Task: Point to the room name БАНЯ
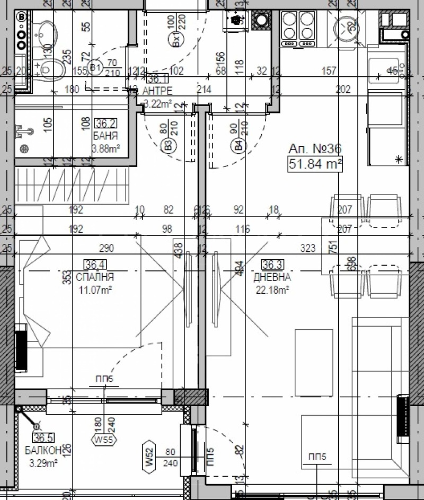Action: [x=105, y=136]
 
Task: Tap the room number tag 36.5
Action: [x=45, y=438]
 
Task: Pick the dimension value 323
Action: [x=307, y=248]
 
